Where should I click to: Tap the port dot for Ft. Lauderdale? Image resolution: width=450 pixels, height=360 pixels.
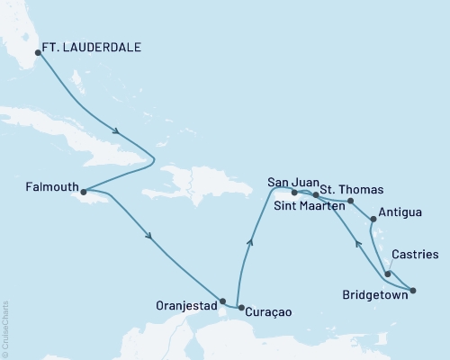coord(37,52)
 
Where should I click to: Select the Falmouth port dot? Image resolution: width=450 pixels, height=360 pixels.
coord(83,192)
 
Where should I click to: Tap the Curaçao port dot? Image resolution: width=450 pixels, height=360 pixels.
coord(240,308)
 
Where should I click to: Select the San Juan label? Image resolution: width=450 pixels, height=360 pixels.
coord(290,183)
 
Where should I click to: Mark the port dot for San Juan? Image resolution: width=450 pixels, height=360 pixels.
coord(294,192)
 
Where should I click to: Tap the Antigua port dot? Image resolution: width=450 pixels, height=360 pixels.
coord(373,217)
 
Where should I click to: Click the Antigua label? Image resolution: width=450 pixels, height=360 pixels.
coord(398,213)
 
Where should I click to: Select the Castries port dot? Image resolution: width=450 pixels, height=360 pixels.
coord(388,274)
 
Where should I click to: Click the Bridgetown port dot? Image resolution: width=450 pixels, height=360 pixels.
coord(413,290)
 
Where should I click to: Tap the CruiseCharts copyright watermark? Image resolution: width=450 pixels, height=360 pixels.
coord(6,329)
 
